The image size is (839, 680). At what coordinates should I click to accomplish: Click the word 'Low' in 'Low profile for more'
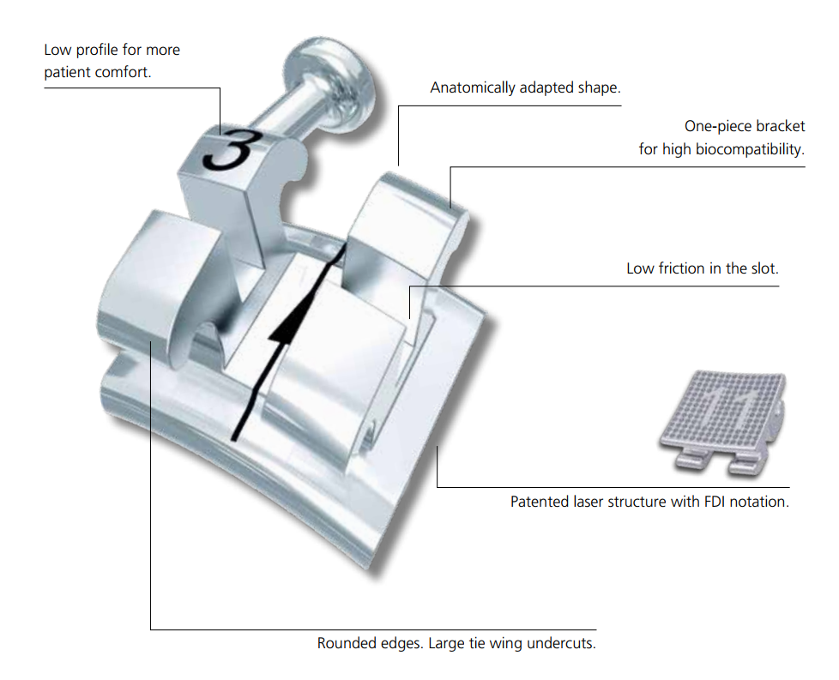(58, 50)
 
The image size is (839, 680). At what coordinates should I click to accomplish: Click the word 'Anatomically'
(473, 87)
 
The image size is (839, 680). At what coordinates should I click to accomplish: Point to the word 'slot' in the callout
(764, 268)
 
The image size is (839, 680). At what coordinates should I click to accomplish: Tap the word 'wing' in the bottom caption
(505, 642)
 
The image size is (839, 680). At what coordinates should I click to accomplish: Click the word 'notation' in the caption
(762, 502)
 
